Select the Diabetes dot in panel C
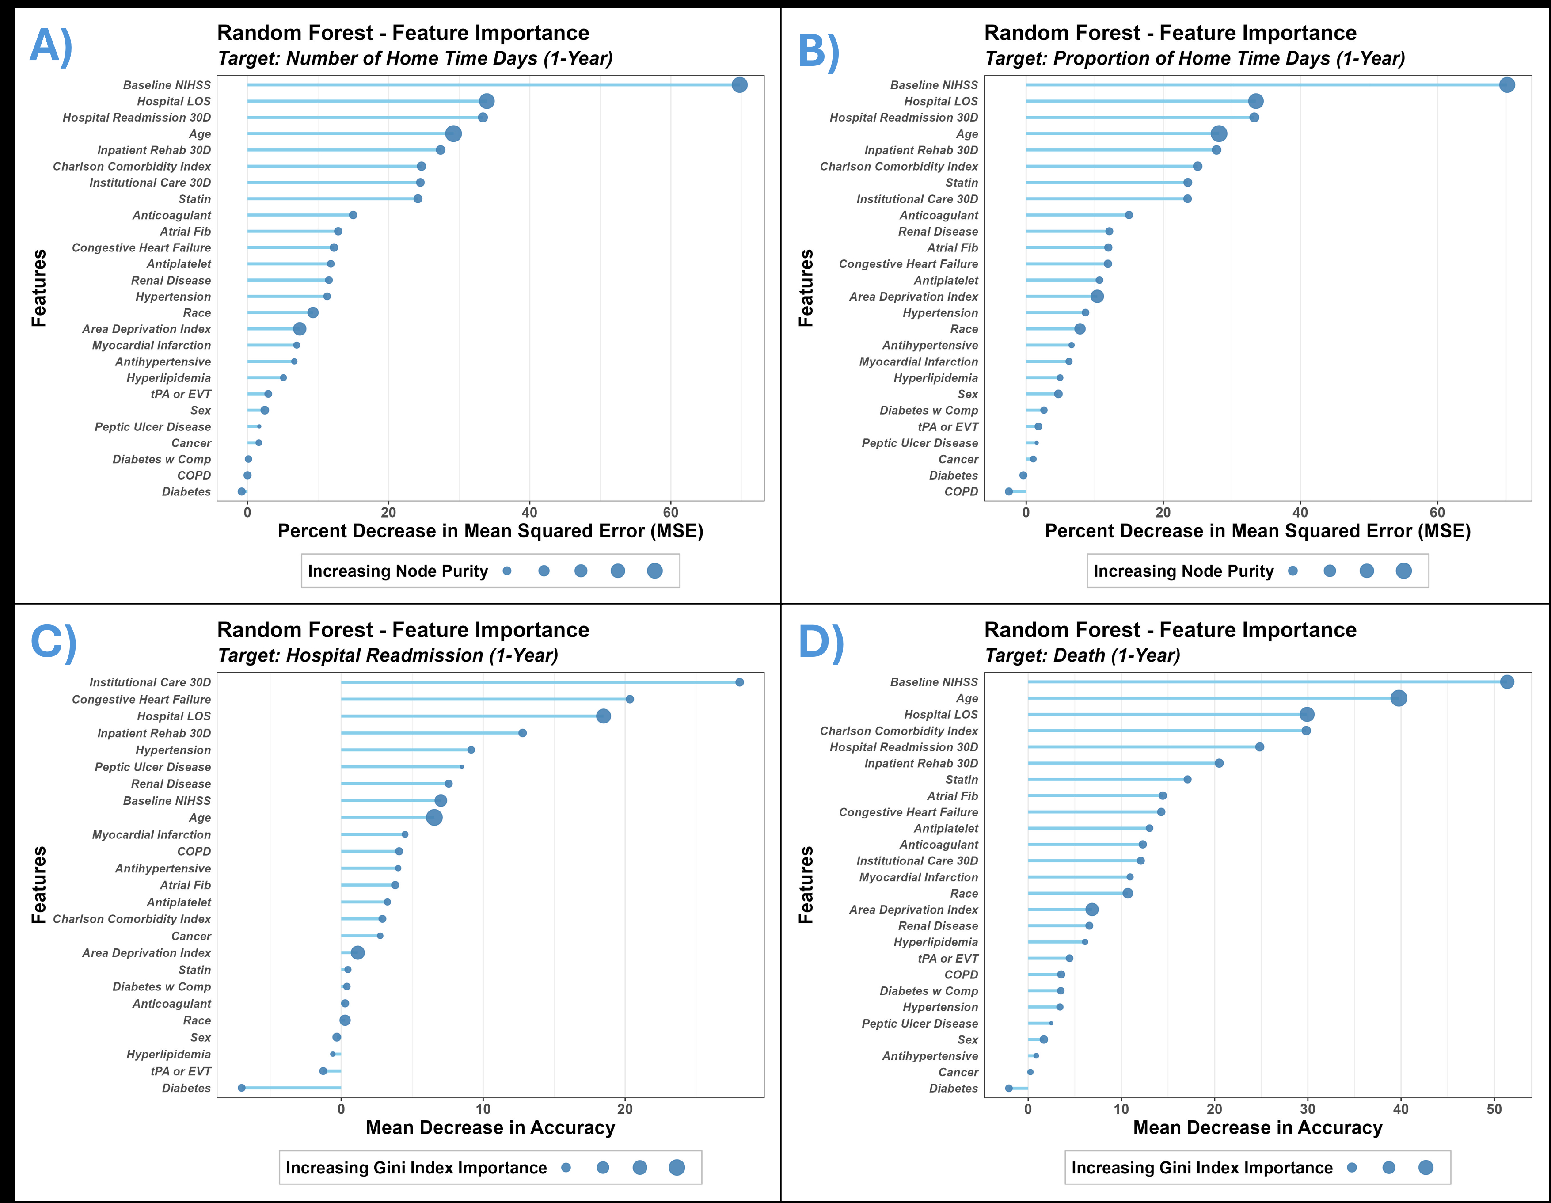coord(241,1088)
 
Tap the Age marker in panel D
coord(1398,698)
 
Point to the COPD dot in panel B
coord(1008,491)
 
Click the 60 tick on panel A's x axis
coord(670,512)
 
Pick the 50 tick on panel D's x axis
coord(1494,1109)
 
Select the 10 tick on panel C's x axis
coord(483,1109)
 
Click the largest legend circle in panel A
coord(655,571)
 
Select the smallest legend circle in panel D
coord(1351,1168)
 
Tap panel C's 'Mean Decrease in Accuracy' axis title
coord(490,1128)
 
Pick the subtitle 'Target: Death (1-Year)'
coord(1082,655)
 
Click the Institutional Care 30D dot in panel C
coord(739,682)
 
